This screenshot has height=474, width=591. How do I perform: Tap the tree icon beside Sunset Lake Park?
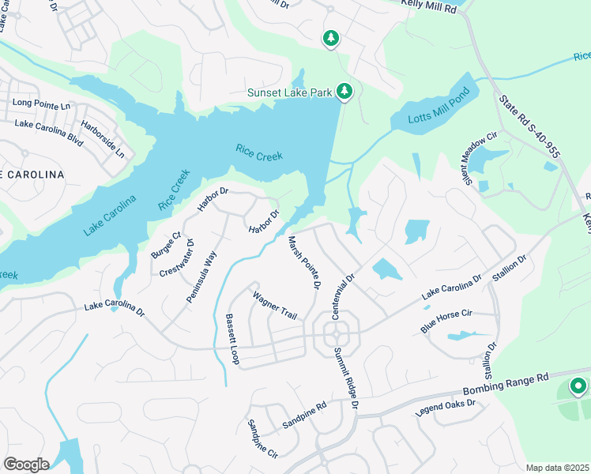coord(344,92)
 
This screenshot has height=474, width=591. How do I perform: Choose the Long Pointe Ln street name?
coord(41,104)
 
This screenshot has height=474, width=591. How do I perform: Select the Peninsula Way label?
coord(201,276)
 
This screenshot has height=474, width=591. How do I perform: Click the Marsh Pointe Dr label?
coord(303,261)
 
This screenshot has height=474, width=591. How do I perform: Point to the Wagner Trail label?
coord(274,305)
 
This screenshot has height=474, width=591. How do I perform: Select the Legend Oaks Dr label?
coord(446,408)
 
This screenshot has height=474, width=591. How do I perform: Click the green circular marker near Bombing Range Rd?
coord(578,386)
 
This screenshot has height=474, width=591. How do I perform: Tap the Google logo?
coord(26,465)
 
